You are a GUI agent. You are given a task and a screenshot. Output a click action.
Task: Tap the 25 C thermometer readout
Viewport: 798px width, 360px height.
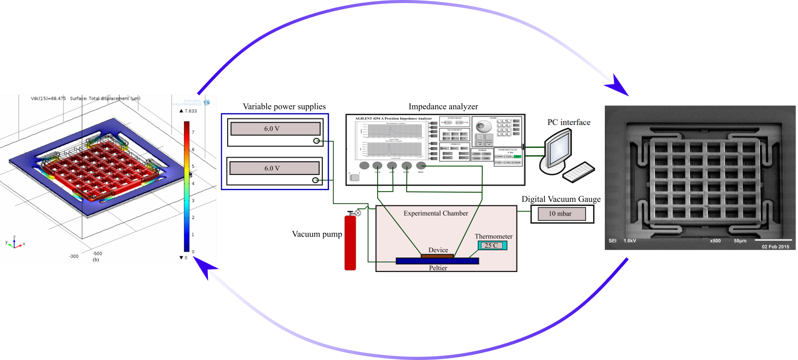(492, 246)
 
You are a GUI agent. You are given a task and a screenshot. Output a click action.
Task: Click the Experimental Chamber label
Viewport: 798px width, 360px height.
(436, 214)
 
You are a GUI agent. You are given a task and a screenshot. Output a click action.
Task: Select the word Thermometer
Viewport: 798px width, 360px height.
(494, 236)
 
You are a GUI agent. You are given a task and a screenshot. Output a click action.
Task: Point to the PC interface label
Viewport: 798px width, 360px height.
(569, 123)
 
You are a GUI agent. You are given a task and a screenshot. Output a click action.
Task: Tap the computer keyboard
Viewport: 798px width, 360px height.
(578, 172)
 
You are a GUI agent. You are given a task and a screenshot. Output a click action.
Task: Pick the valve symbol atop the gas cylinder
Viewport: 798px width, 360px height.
(357, 213)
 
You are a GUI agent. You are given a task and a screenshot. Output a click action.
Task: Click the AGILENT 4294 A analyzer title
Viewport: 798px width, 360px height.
(393, 118)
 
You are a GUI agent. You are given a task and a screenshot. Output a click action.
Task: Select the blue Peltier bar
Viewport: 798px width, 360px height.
(437, 261)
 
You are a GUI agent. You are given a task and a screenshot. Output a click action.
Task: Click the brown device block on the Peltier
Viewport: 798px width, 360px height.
(437, 256)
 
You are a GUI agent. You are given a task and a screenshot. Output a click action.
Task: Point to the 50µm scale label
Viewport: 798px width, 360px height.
(740, 241)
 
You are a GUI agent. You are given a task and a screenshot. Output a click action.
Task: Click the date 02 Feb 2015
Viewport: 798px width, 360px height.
(775, 247)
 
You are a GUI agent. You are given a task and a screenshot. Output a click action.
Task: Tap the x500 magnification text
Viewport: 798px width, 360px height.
(715, 241)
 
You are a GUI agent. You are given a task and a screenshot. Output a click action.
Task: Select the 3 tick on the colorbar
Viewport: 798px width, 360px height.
(193, 200)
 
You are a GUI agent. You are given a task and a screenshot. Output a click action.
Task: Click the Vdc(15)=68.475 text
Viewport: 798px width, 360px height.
(48, 99)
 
